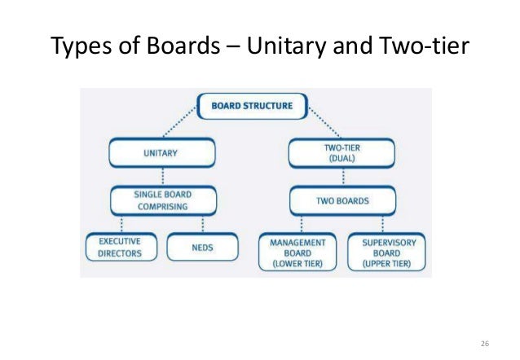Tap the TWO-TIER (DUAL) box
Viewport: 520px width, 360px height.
pos(342,152)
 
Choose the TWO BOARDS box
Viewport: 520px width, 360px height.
pos(342,200)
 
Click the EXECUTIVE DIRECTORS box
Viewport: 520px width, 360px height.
pos(120,247)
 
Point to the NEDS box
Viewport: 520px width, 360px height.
pos(203,247)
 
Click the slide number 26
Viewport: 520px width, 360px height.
pos(487,340)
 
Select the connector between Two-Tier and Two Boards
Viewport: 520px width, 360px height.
pos(342,177)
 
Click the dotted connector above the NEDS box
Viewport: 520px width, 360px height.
pos(202,224)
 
